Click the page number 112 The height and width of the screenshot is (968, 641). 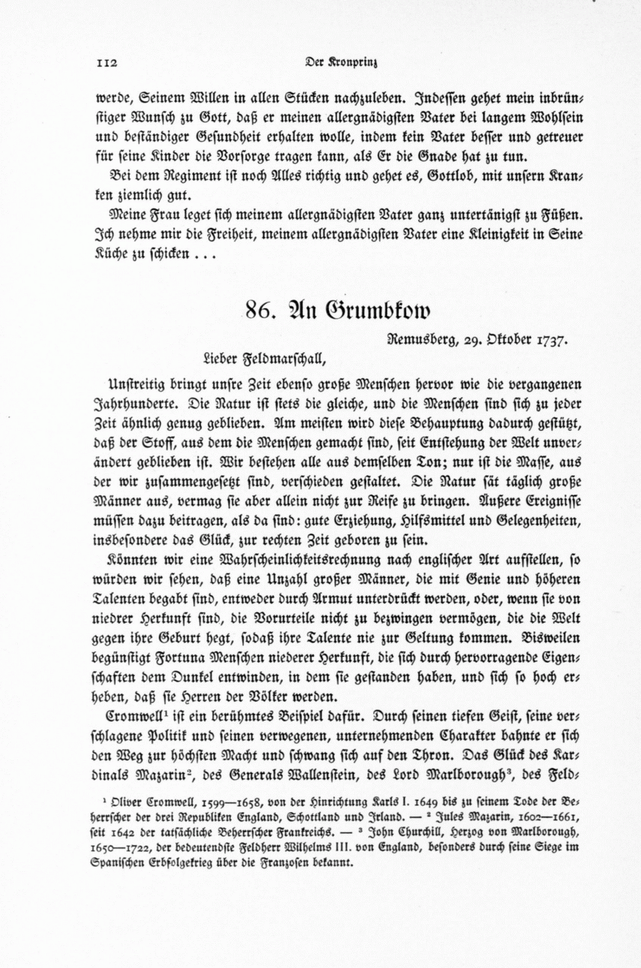coord(106,63)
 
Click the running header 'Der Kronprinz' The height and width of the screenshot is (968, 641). coord(340,63)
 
